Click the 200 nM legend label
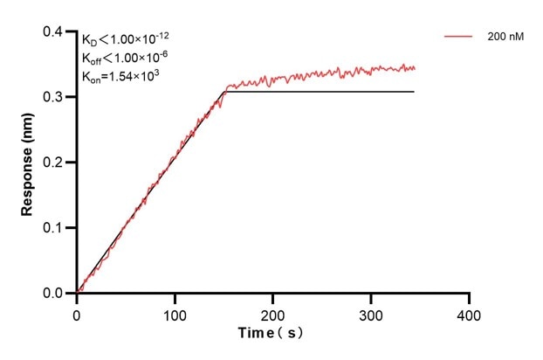pos(506,38)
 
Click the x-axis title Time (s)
pos(271,334)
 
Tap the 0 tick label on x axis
pos(77,313)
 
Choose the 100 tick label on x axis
pos(175,313)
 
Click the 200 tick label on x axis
pos(273,313)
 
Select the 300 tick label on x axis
pos(372,313)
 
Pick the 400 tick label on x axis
pos(470,313)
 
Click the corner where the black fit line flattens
pos(225,92)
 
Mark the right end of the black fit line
pos(414,92)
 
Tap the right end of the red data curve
pos(415,68)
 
